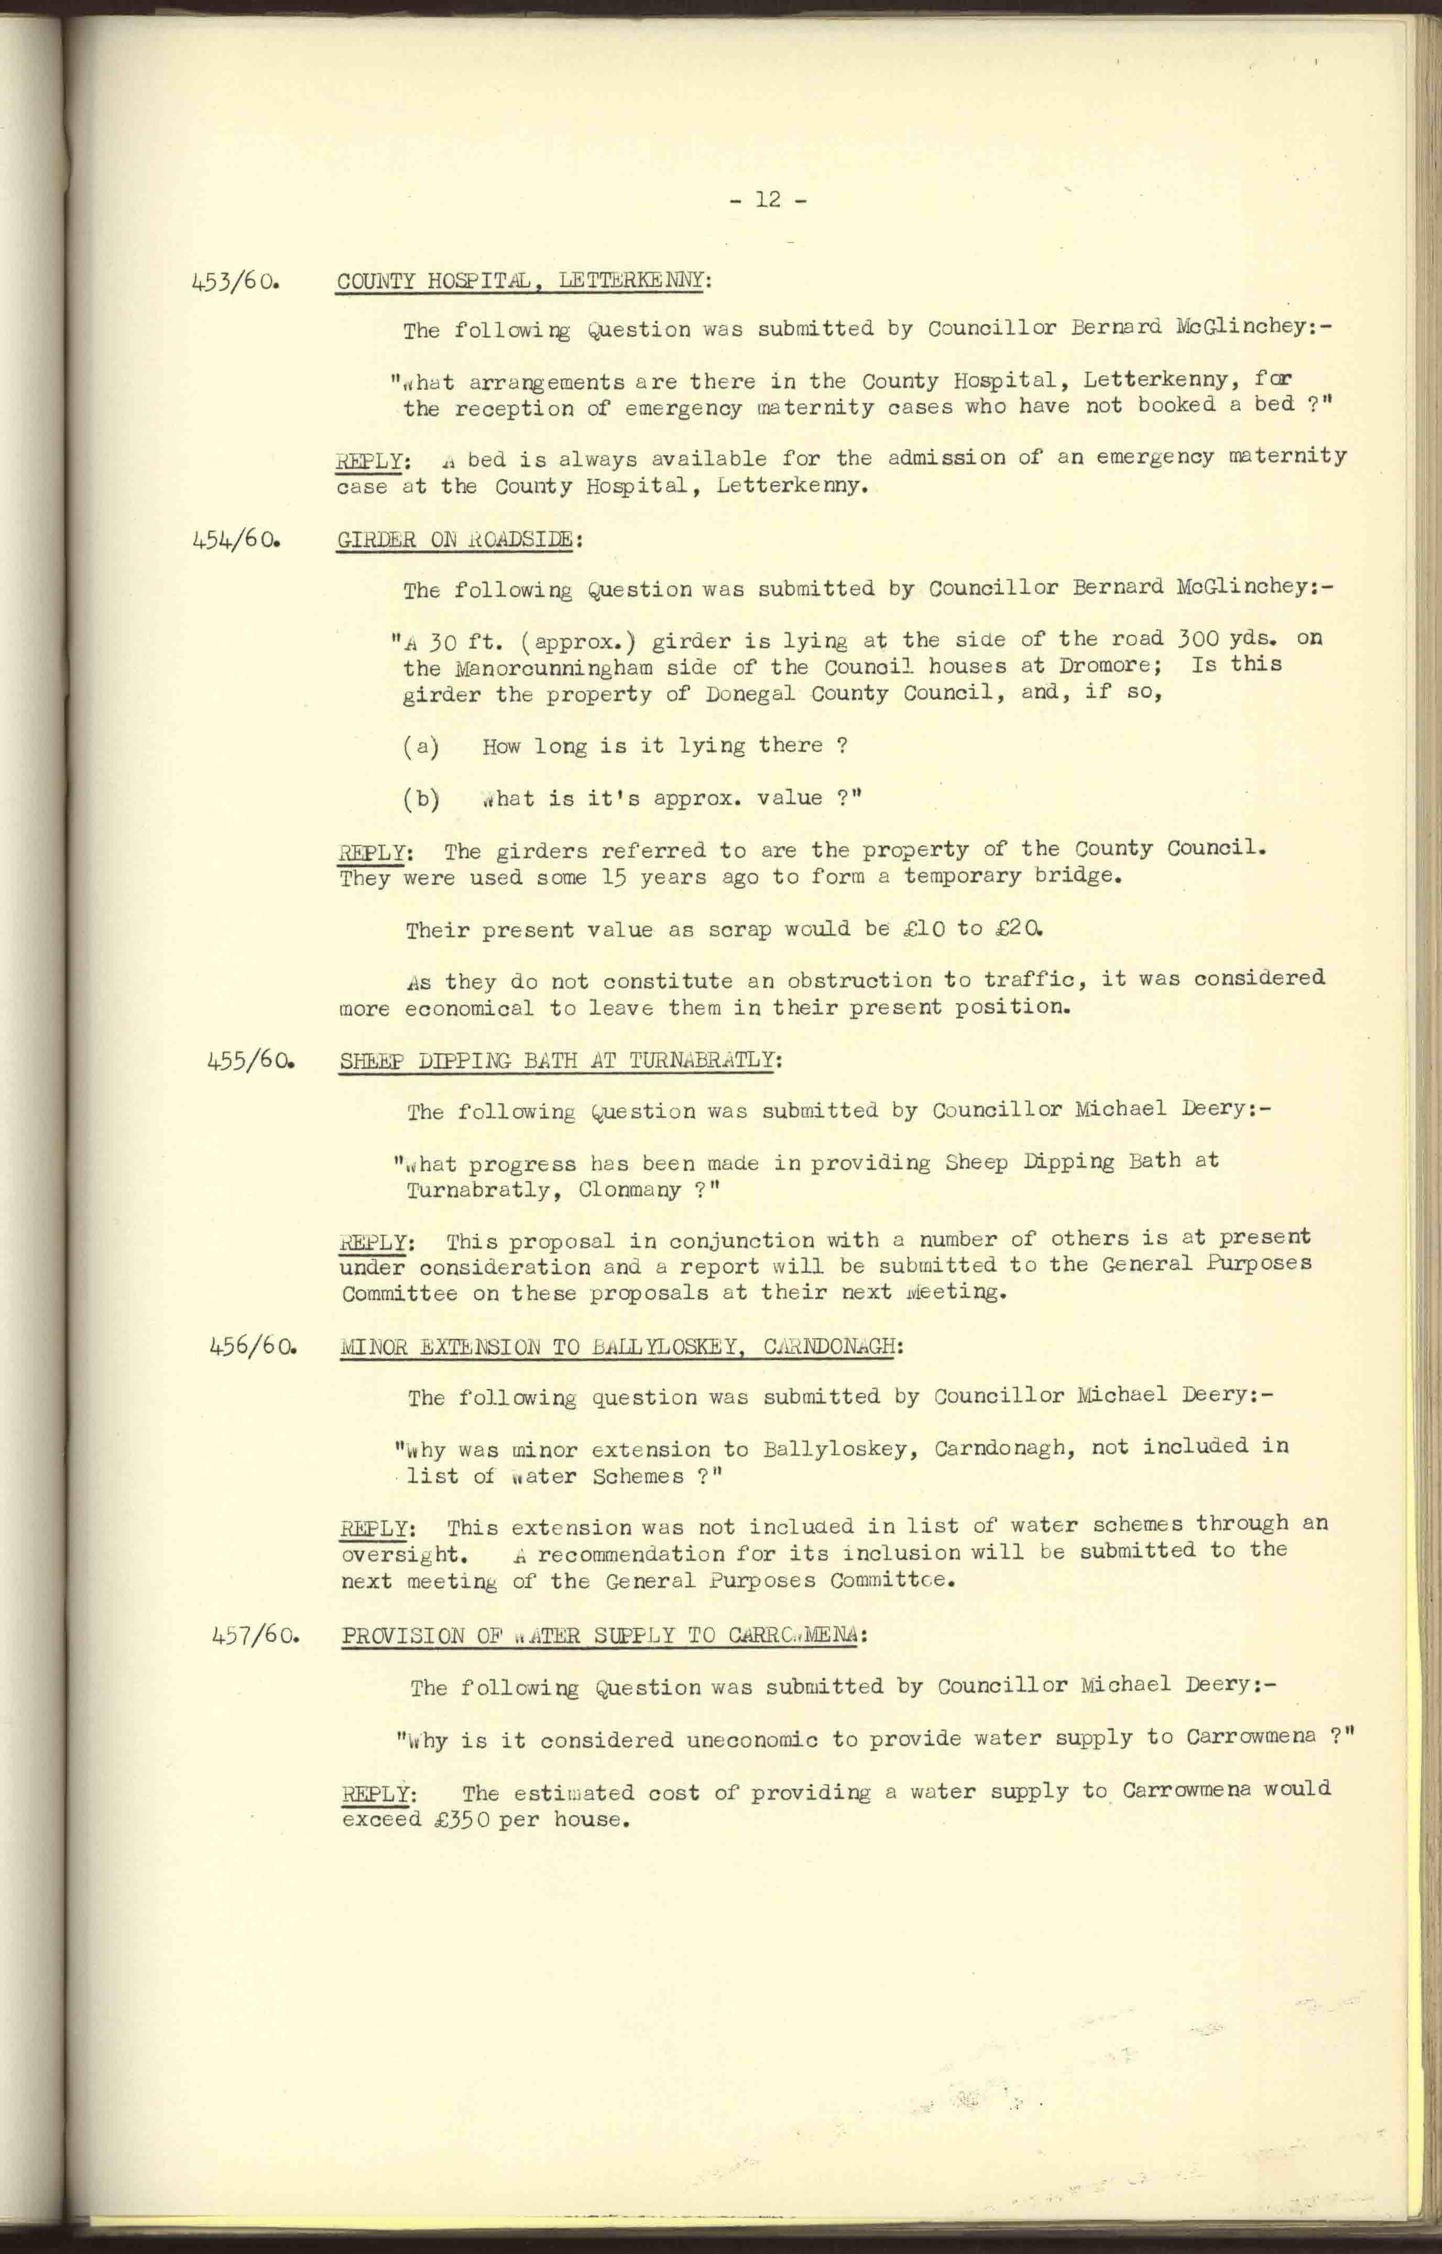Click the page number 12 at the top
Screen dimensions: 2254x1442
tap(767, 200)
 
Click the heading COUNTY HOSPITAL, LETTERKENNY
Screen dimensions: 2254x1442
tap(520, 281)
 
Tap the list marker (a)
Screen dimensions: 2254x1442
tap(421, 747)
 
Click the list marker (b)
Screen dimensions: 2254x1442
tap(421, 799)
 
